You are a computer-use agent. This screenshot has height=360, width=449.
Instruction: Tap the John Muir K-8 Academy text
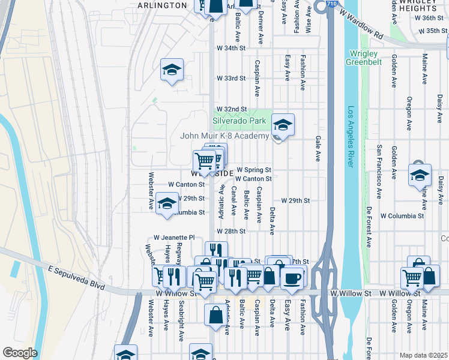[224, 136]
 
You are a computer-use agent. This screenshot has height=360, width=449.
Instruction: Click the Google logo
[20, 353]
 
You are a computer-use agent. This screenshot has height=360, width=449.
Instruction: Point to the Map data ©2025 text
[423, 355]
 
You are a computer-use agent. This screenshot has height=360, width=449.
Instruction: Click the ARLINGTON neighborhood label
[162, 5]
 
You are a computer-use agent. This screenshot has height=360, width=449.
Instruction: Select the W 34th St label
[231, 47]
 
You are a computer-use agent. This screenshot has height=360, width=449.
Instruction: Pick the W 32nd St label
[231, 109]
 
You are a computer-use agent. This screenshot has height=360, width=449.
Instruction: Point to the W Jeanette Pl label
[174, 238]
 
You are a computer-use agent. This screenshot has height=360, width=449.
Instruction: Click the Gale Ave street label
[318, 149]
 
